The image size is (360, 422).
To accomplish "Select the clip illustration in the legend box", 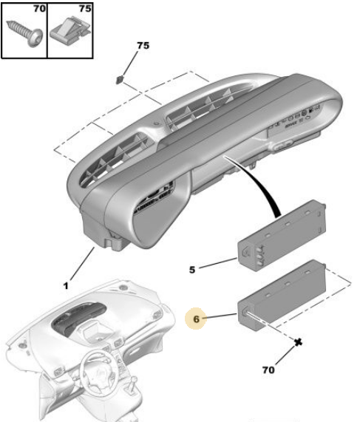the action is click(70, 30).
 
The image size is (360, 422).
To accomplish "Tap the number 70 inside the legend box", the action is click(39, 9).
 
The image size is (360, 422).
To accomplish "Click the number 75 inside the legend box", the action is click(85, 9).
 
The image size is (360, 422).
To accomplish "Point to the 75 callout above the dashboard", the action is click(143, 45).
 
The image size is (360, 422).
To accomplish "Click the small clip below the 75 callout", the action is click(120, 80).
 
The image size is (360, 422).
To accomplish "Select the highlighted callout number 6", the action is click(197, 319).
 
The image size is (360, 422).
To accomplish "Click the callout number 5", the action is click(191, 270).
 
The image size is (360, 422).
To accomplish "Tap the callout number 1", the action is click(66, 285).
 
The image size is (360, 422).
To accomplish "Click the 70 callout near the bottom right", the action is click(268, 370).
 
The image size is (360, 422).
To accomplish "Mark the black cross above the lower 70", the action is click(298, 342).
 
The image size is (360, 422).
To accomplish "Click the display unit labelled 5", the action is click(282, 236).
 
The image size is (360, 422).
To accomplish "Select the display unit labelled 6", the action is click(282, 295).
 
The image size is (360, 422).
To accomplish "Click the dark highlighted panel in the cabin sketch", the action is click(78, 319).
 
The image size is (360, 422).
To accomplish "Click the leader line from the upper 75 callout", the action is click(130, 64).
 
